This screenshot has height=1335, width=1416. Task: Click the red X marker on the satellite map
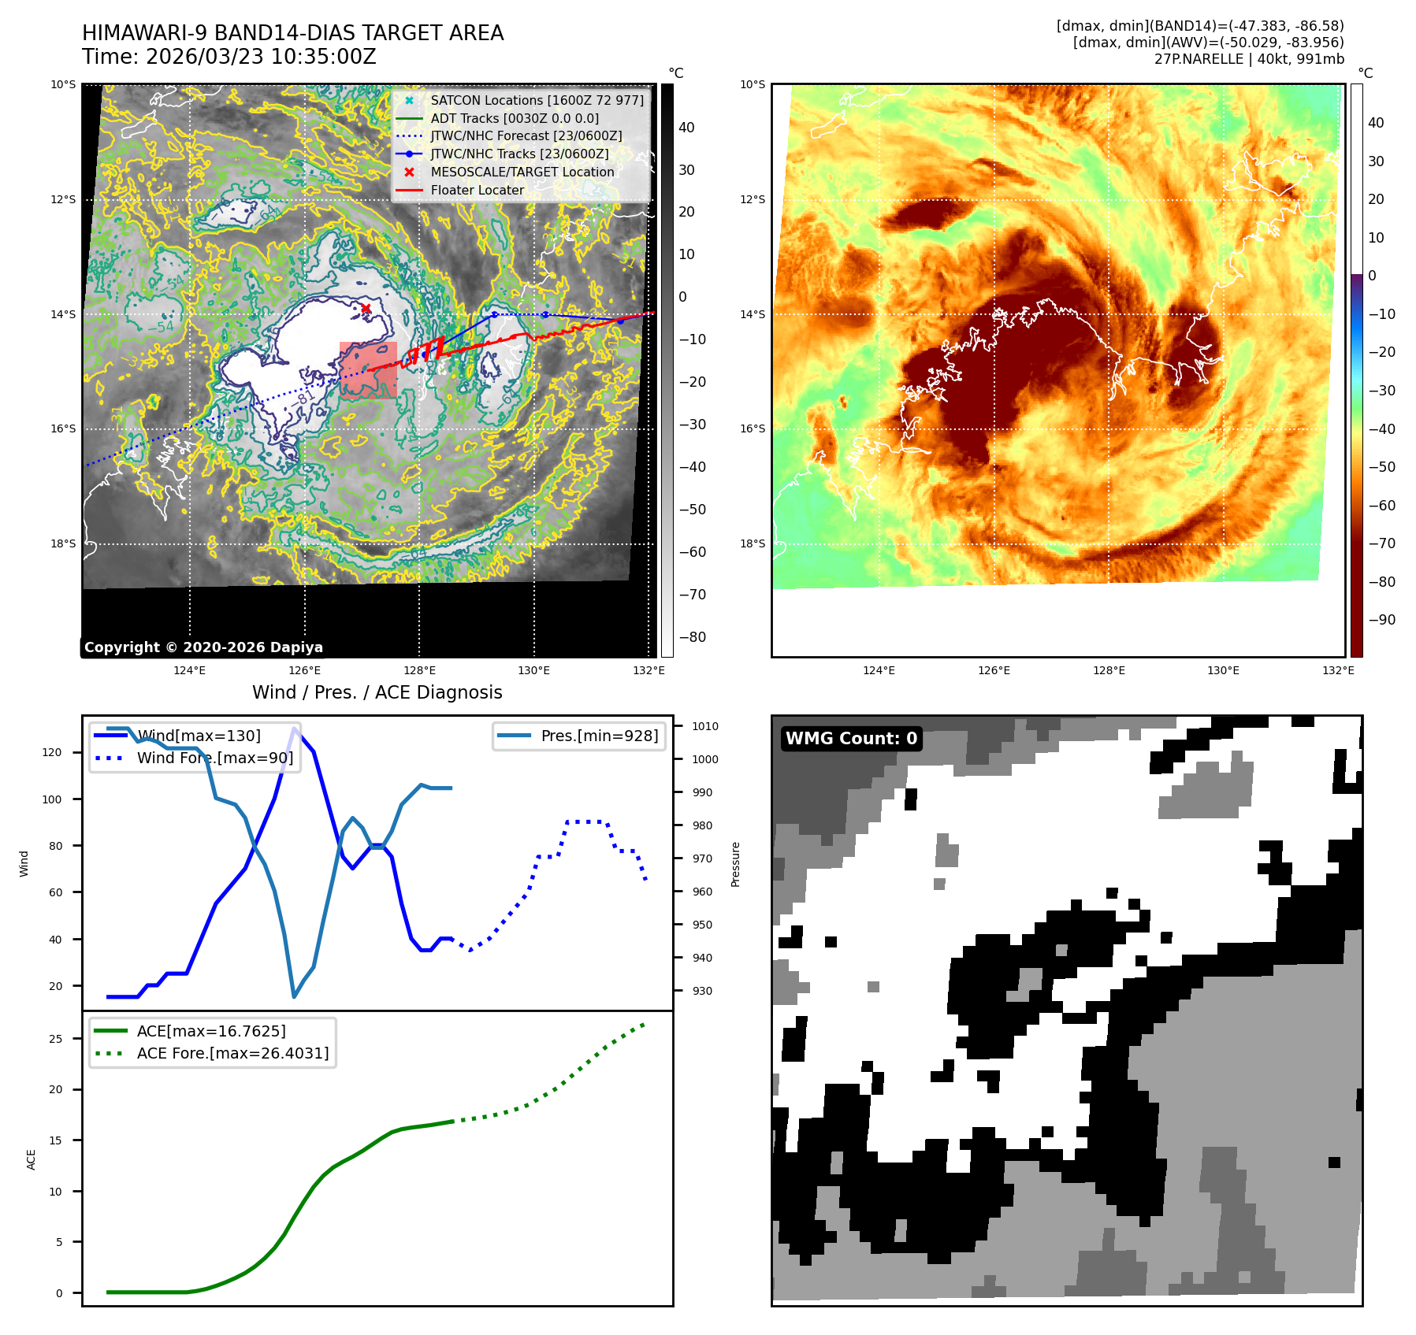coord(366,308)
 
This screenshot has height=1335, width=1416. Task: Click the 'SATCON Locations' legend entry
coord(537,101)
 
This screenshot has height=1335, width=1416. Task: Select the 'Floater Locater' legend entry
coord(477,191)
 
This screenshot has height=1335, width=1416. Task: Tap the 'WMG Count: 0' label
coord(851,739)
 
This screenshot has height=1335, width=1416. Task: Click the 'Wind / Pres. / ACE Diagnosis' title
coord(377,692)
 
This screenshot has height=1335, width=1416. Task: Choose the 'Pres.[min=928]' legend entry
coord(599,736)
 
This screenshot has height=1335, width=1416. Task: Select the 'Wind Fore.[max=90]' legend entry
coord(214,758)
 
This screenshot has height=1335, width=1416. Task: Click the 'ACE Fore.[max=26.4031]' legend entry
coord(232,1053)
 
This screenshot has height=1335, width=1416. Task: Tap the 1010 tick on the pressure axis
coord(705,726)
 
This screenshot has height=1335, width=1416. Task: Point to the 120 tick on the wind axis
coord(51,752)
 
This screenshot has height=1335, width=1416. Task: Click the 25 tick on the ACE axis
coord(55,1039)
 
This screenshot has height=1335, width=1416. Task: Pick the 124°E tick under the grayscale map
coord(189,670)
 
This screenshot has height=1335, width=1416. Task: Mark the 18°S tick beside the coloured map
coord(752,543)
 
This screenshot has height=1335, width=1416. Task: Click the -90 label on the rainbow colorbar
coord(1381,620)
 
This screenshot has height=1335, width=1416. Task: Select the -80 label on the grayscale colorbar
coord(693,637)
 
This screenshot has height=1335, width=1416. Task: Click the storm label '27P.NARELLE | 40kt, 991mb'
coord(1249,59)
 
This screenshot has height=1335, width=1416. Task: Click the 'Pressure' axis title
coord(735,864)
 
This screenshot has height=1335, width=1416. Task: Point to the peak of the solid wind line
coord(295,728)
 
